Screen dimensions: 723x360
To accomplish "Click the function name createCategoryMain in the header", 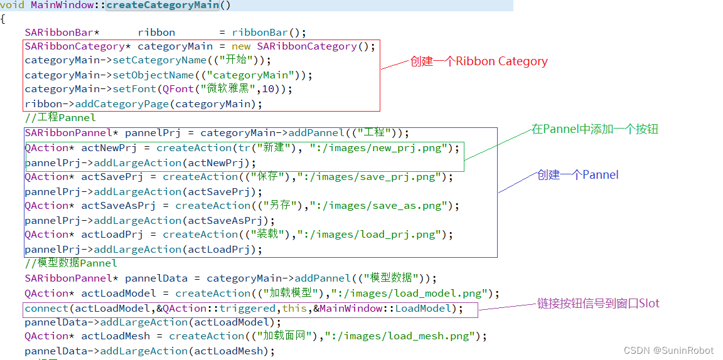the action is [x=163, y=6].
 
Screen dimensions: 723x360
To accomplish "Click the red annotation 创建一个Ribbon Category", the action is [x=479, y=61].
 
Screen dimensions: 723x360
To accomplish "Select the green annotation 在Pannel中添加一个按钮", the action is [x=595, y=129].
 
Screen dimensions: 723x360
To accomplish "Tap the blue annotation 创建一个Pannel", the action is [x=577, y=175].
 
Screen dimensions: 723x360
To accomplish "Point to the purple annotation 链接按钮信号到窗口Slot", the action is [x=598, y=304].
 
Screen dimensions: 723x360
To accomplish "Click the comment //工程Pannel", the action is [x=60, y=118].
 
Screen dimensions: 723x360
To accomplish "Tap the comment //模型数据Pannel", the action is [x=71, y=263].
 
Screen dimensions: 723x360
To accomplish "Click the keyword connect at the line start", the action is [x=46, y=309].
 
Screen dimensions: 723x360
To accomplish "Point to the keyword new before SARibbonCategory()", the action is [x=241, y=46].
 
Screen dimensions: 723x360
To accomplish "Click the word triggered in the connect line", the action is [x=247, y=309].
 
